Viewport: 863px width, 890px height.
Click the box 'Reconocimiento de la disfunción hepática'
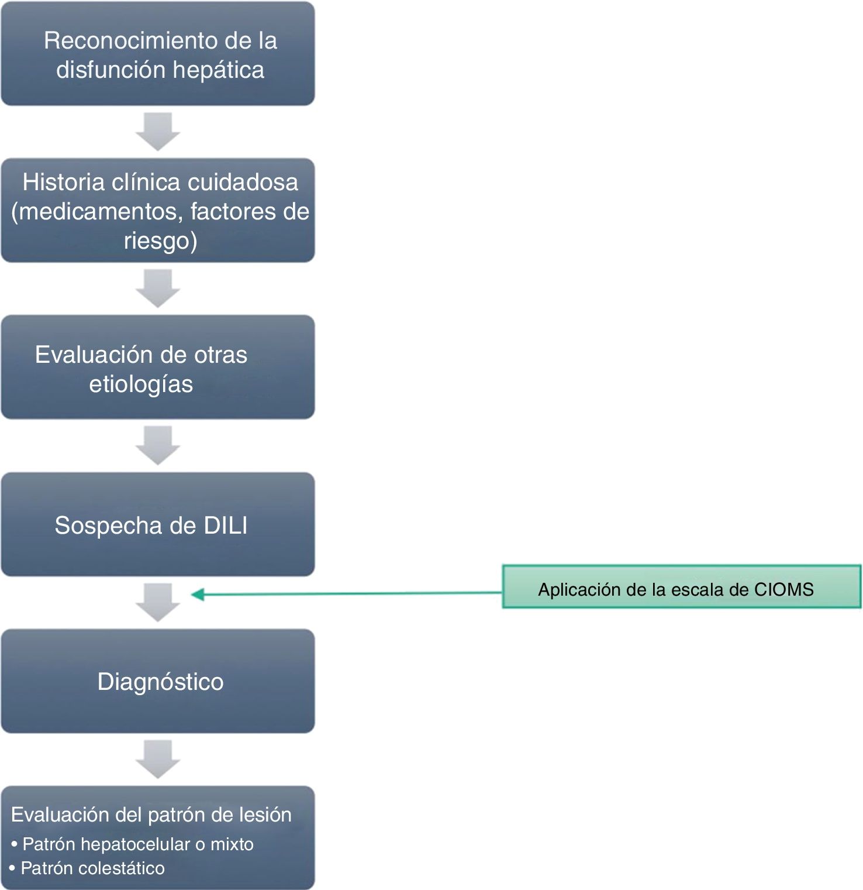tap(158, 54)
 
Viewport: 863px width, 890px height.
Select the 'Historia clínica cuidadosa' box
tap(158, 211)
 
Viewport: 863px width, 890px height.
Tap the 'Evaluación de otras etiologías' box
tap(158, 367)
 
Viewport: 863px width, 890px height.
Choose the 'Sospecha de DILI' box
tap(158, 524)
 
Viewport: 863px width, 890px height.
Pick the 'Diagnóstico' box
tap(158, 681)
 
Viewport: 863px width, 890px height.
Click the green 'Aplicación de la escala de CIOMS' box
tap(681, 587)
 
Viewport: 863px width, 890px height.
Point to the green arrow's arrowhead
tap(198, 595)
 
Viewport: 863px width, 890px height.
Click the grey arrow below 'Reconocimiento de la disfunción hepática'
tap(158, 132)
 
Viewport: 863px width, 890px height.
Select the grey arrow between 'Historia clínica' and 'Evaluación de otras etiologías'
tap(158, 288)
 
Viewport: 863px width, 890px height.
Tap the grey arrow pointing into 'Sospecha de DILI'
tap(158, 446)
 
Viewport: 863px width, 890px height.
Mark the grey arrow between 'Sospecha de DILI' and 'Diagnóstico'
tap(158, 603)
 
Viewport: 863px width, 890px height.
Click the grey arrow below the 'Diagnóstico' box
tap(158, 760)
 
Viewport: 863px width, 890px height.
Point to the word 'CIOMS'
tap(783, 589)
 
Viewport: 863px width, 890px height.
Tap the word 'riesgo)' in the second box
tap(160, 240)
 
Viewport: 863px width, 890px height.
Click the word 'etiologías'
tap(141, 384)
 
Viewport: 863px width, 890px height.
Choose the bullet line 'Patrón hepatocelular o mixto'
tap(138, 844)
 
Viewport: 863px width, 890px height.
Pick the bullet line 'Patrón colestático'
tap(92, 868)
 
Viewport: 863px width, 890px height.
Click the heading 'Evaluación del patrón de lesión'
tap(151, 815)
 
